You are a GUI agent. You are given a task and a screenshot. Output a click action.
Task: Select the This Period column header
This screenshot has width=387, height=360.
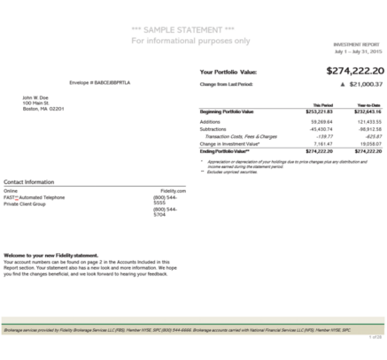click(x=323, y=104)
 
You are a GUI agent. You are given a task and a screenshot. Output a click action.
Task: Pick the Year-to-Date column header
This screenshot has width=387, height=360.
click(x=368, y=104)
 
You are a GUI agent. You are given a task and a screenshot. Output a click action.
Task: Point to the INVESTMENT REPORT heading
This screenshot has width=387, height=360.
click(x=359, y=43)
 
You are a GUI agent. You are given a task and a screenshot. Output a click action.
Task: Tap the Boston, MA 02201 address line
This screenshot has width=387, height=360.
click(x=43, y=109)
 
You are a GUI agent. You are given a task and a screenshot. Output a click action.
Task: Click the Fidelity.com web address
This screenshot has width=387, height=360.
click(x=173, y=190)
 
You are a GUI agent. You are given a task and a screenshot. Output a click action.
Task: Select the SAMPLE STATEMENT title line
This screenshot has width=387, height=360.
click(x=190, y=30)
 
